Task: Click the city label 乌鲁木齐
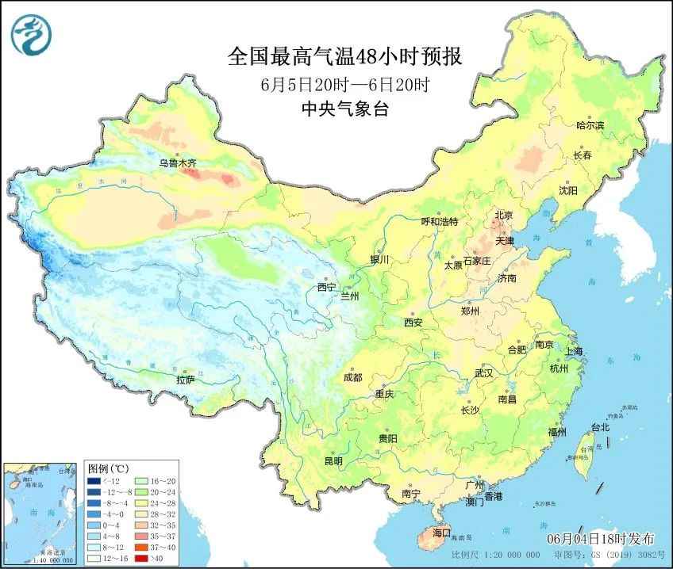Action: pyautogui.click(x=176, y=163)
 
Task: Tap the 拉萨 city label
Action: pyautogui.click(x=185, y=380)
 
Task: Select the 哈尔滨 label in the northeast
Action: pyautogui.click(x=590, y=125)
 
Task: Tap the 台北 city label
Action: pyautogui.click(x=600, y=427)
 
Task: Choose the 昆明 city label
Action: pyautogui.click(x=333, y=461)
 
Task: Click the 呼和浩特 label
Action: pyautogui.click(x=439, y=222)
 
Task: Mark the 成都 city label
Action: pyautogui.click(x=352, y=377)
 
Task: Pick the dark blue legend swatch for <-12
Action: pyautogui.click(x=94, y=480)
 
